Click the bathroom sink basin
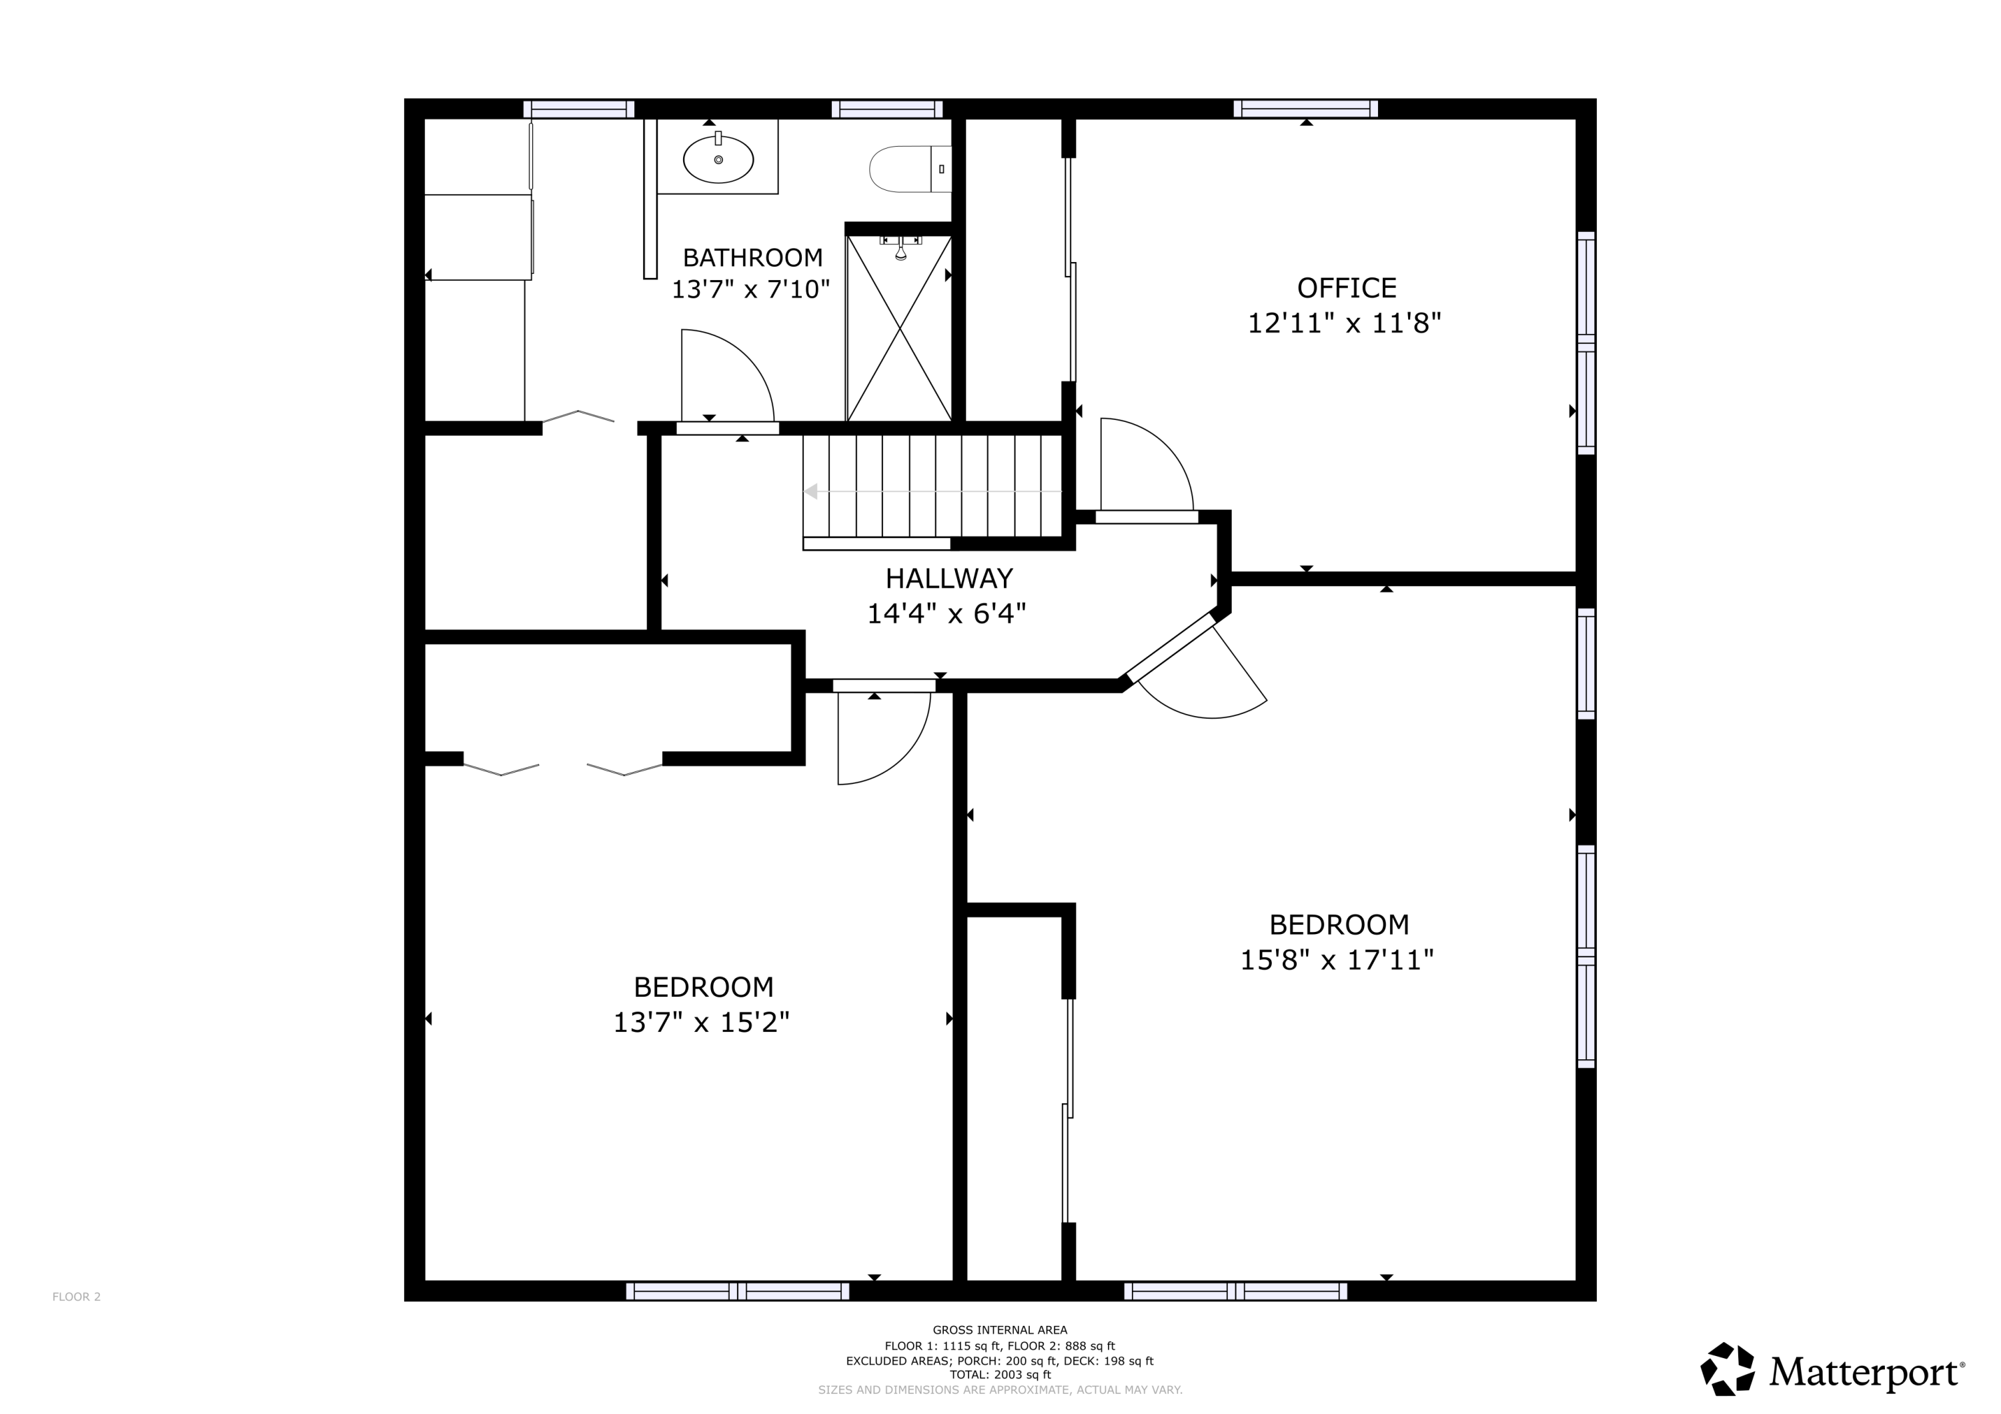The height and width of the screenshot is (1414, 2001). pyautogui.click(x=718, y=159)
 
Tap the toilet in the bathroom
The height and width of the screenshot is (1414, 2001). pyautogui.click(x=910, y=169)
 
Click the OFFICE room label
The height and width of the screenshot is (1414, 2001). pyautogui.click(x=1347, y=287)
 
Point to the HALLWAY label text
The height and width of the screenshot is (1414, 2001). pyautogui.click(x=949, y=579)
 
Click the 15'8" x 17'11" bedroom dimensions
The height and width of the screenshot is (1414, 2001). pyautogui.click(x=1337, y=960)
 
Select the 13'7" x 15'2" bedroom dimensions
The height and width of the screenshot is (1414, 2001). pyautogui.click(x=702, y=1022)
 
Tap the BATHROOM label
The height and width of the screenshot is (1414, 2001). pyautogui.click(x=752, y=258)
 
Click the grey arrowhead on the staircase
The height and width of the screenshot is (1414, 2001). pyautogui.click(x=810, y=491)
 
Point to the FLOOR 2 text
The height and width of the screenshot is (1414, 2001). pyautogui.click(x=77, y=1297)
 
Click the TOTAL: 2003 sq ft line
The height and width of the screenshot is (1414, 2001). pyautogui.click(x=1000, y=1375)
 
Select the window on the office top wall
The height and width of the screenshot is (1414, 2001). pyautogui.click(x=1305, y=109)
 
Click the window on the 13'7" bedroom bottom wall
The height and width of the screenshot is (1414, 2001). pyautogui.click(x=737, y=1291)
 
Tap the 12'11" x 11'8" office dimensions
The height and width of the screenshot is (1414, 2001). pyautogui.click(x=1345, y=323)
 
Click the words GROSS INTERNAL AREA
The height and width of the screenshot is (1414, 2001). pyautogui.click(x=1000, y=1331)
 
